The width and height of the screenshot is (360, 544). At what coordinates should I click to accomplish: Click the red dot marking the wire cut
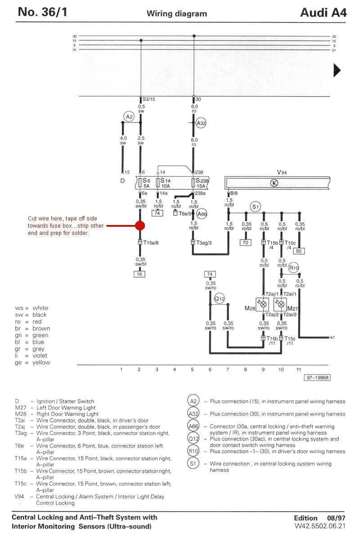tap(140, 225)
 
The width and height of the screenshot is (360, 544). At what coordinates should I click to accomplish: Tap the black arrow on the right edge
tap(337, 71)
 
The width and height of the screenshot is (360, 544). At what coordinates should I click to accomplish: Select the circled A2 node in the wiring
tap(129, 117)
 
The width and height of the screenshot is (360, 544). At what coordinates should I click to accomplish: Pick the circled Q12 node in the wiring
tap(219, 298)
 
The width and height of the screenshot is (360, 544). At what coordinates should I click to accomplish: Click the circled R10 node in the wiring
tap(293, 268)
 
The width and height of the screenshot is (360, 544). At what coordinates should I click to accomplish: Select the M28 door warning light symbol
tap(264, 304)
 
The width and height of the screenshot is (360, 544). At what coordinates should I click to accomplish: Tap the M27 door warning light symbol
tap(281, 304)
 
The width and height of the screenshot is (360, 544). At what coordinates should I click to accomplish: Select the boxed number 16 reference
tap(140, 274)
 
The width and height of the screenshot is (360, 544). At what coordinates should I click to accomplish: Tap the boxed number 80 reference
tap(299, 251)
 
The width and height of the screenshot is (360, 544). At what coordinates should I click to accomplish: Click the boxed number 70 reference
tap(246, 242)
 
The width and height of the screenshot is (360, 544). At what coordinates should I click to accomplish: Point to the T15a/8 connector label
tap(151, 243)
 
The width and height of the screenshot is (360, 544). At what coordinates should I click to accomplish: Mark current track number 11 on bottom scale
tap(298, 369)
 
